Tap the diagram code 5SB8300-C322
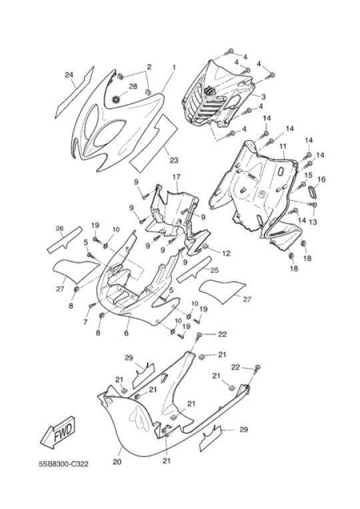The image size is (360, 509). coord(63,464)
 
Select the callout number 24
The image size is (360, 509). coord(69,75)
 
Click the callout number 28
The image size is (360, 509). coord(133,86)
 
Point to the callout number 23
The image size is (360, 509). coord(174,160)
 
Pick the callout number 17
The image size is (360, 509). coord(176,177)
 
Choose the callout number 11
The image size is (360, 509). coord(283,146)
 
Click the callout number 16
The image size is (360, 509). coord(321,179)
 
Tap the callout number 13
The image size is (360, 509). coord(313,222)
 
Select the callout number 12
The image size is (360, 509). coord(226,253)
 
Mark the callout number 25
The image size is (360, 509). coord(215,270)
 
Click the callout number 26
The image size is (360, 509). coord(60,229)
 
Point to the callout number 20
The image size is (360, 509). coord(117,461)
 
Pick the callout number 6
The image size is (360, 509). coord(127,333)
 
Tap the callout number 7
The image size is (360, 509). coord(85,322)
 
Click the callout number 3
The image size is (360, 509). coord(263,97)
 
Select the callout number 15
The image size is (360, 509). coord(308,175)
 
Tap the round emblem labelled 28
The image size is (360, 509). coord(116,99)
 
